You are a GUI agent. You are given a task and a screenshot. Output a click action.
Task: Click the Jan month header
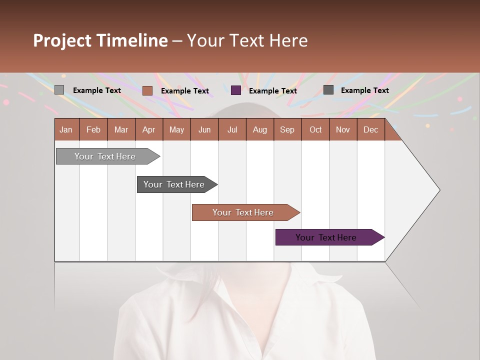[x=66, y=129]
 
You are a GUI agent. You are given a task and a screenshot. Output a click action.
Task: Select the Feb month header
[x=93, y=129]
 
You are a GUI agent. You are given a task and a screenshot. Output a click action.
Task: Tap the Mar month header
[x=121, y=129]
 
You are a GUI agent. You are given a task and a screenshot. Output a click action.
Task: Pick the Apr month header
[x=149, y=129]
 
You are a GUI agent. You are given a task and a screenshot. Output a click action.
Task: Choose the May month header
[x=176, y=129]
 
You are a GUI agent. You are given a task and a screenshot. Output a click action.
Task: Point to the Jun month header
[x=204, y=129]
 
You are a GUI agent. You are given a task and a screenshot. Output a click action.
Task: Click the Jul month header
[x=232, y=129]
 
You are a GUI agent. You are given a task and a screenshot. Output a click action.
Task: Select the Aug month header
[x=260, y=129]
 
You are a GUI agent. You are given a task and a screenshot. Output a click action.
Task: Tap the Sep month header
[x=287, y=129]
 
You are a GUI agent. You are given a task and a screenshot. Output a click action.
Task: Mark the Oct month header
[x=315, y=129]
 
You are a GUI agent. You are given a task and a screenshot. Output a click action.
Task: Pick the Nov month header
[x=343, y=129]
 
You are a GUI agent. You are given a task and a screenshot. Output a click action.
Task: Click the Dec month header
[x=371, y=129]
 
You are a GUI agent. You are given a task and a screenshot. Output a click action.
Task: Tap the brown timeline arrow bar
[x=243, y=212]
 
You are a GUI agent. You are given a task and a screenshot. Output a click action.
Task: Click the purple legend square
[x=236, y=90]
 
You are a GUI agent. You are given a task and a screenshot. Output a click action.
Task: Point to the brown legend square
[x=147, y=90]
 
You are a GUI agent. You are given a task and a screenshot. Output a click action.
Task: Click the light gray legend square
[x=59, y=90]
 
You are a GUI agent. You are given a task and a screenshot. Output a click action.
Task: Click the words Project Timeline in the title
[x=100, y=40]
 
